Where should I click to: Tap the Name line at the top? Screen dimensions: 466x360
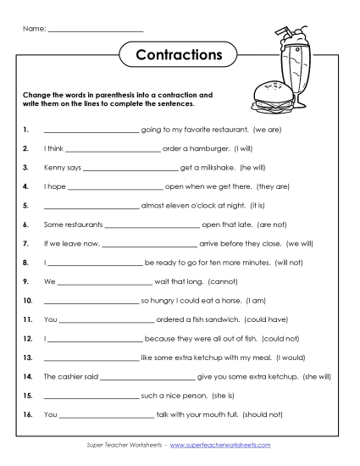coord(96,31)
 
